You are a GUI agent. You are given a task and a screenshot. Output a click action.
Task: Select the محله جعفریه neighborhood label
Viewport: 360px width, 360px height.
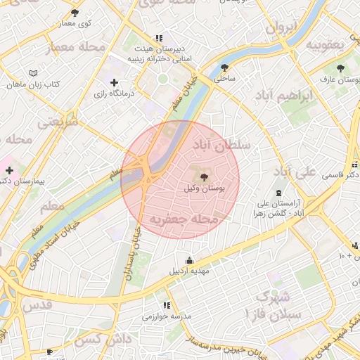(184, 219)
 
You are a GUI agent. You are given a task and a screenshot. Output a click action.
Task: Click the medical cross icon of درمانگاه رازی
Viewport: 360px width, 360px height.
(115, 83)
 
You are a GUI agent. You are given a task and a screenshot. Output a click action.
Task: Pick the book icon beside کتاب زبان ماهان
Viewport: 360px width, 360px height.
(34, 73)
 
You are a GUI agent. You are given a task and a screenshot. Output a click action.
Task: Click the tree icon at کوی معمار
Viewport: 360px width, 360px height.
(75, 13)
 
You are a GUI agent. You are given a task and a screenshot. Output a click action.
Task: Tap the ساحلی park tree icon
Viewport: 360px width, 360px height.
(224, 67)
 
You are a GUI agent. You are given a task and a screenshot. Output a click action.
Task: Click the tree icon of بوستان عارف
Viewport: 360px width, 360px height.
(341, 68)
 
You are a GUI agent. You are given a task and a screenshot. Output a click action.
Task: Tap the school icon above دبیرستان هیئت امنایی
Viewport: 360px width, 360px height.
(160, 38)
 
